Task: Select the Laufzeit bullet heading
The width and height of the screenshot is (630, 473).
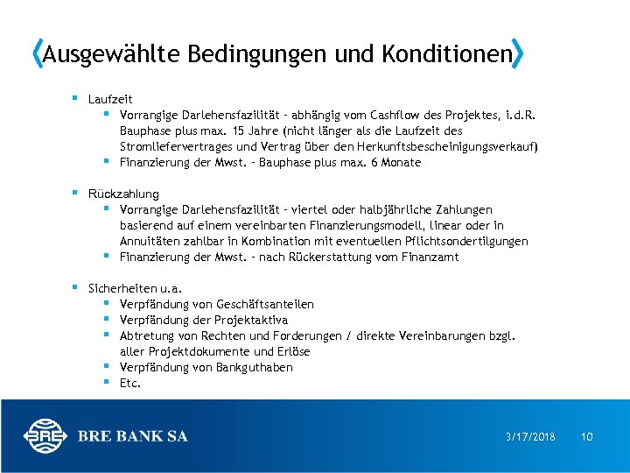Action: point(110,99)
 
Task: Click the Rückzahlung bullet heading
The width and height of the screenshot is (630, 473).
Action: point(123,194)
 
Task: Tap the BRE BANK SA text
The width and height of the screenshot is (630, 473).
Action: point(132,436)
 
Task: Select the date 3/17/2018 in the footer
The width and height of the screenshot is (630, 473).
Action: point(531,436)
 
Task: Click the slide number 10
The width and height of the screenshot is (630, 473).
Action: point(587,436)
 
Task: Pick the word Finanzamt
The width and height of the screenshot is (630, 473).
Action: point(429,257)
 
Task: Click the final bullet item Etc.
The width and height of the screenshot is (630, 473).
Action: point(129,383)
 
